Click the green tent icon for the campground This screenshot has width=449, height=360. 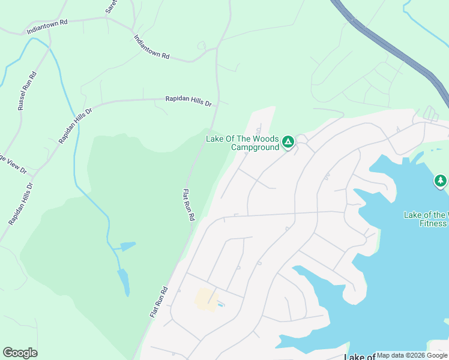pyautogui.click(x=288, y=142)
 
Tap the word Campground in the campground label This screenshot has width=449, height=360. pyautogui.click(x=255, y=147)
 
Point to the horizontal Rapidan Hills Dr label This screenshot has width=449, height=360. pyautogui.click(x=188, y=102)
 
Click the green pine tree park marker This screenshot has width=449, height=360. pyautogui.click(x=441, y=181)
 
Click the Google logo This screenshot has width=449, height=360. pyautogui.click(x=20, y=353)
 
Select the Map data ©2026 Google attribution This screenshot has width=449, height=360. pyautogui.click(x=412, y=355)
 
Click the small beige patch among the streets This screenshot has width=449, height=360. pyautogui.click(x=205, y=299)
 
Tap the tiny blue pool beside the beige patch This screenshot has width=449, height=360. pyautogui.click(x=220, y=305)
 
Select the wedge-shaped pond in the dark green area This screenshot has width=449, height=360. pyautogui.click(x=127, y=246)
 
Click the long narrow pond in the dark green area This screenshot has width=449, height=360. pyautogui.click(x=123, y=281)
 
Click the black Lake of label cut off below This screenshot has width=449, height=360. pyautogui.click(x=360, y=356)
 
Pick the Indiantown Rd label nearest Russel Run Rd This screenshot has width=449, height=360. pyautogui.click(x=47, y=25)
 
